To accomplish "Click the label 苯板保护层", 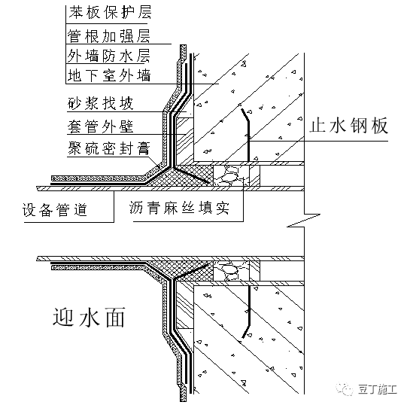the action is pos(110,12).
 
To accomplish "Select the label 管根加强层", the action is pos(109,35).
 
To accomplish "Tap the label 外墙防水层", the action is pos(108,56).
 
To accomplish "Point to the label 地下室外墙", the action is pos(109,75).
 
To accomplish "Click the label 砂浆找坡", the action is pos(101,103).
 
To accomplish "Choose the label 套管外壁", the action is pos(101,126).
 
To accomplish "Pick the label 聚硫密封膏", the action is pos(109,148).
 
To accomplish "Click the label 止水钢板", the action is pos(348,126).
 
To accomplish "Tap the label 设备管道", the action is pos(55,210).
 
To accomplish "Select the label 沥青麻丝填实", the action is pos(179,209).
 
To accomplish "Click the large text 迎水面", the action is pos(90,318).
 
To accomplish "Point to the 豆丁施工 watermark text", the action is pos(378,390).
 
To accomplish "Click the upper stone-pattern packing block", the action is pos(231,175).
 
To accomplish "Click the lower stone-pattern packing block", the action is pos(231,271).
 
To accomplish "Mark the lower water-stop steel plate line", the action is pos(249,312).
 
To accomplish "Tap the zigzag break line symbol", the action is pos(304,221).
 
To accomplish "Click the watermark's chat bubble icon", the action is pos(345,390).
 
